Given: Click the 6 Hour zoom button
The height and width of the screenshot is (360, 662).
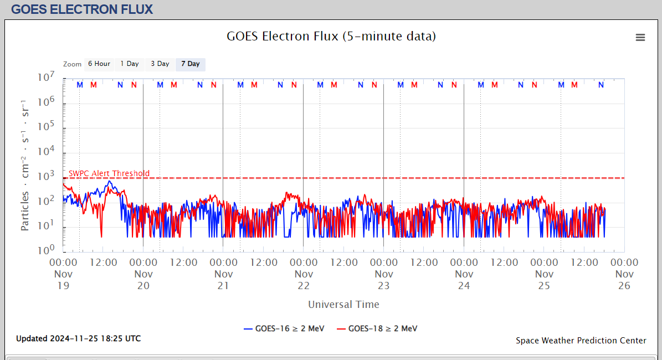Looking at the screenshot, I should [99, 64].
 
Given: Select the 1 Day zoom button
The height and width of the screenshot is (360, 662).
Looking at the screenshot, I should [130, 64].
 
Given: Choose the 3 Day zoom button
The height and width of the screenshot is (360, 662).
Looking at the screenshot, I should [160, 64].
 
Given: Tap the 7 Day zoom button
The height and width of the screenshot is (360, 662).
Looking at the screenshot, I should [191, 64].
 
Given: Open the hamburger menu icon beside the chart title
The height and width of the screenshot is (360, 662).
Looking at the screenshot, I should [640, 37].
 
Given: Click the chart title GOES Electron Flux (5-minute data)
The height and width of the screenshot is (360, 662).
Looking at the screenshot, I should [331, 37].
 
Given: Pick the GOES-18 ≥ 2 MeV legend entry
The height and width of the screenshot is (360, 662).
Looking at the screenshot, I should [377, 328].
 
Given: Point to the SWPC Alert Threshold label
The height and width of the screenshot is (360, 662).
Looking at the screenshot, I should [109, 173].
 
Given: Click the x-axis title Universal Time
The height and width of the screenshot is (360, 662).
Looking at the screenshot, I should [343, 304].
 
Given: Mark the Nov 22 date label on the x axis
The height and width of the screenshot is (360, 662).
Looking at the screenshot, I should [304, 280].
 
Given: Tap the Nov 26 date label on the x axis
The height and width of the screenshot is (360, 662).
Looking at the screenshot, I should [624, 280].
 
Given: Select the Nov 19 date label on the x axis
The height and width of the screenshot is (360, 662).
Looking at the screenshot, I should [63, 280].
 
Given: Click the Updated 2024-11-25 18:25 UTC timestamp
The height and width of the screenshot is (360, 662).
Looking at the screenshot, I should [78, 338].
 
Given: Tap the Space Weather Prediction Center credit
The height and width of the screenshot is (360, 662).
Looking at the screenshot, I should [581, 341].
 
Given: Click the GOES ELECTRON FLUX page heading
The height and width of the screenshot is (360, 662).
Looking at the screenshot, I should [82, 9].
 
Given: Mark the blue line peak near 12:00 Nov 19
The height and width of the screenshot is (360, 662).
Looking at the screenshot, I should [110, 181].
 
